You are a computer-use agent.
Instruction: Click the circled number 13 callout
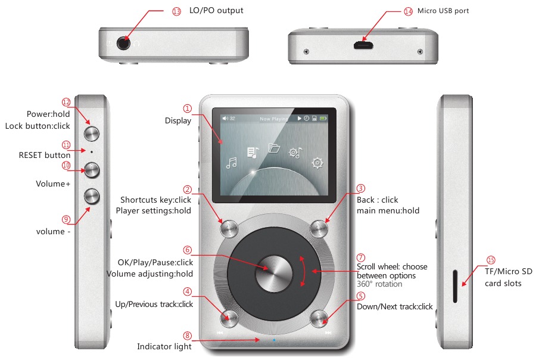coord(176,11)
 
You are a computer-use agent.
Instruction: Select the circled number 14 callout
coord(408,11)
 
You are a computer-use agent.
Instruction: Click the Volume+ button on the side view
coord(92,170)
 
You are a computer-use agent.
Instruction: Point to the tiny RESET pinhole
coord(92,152)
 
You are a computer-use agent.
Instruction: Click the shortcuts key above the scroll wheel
coord(229,228)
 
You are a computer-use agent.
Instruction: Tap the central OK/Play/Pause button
coord(274,272)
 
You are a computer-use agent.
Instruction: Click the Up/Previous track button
coord(229,318)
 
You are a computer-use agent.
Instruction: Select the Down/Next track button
coord(320,318)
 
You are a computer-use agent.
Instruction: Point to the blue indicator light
coord(274,340)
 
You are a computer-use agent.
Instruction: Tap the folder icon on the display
coord(274,148)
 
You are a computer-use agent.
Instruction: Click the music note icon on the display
coord(232,162)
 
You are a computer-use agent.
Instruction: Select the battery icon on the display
coord(323,119)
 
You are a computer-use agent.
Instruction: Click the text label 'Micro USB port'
coord(444,11)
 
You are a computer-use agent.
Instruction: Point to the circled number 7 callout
coord(360,257)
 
